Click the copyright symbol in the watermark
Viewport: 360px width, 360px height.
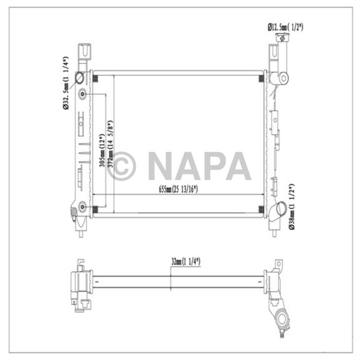point(121,166)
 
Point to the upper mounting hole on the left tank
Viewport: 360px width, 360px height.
point(83,95)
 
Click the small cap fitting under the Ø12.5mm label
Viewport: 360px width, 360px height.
point(282,37)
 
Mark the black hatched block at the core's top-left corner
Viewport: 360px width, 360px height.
point(96,78)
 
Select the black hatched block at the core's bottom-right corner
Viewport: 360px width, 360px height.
point(261,209)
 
